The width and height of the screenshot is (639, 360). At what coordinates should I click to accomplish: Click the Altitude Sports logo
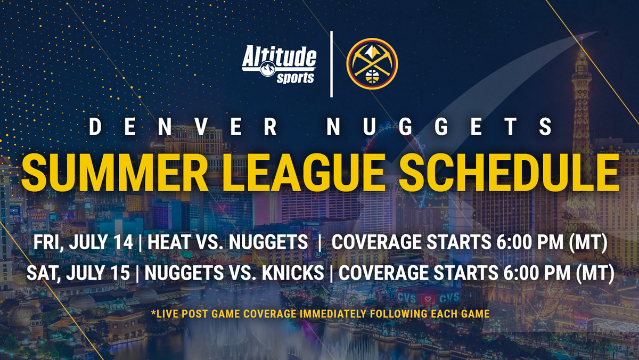(x=279, y=64)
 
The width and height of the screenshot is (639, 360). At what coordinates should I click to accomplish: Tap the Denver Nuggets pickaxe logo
(x=372, y=64)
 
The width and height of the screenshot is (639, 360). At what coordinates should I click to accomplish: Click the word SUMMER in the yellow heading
(x=114, y=173)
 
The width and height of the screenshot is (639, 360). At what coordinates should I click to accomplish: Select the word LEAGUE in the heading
(x=303, y=173)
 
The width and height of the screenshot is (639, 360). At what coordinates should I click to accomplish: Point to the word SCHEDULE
(x=509, y=173)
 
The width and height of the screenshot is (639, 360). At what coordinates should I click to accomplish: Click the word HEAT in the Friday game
(x=169, y=242)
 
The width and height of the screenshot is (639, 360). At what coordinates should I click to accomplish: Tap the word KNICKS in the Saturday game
(x=293, y=273)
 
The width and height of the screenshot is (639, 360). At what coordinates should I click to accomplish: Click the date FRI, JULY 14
(x=83, y=243)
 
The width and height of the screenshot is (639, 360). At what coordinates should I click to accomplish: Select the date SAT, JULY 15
(x=78, y=273)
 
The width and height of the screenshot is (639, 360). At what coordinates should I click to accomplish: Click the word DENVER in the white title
(x=183, y=127)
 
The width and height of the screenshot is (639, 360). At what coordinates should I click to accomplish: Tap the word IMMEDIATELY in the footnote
(x=333, y=314)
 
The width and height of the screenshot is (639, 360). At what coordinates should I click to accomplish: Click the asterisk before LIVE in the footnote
(x=154, y=313)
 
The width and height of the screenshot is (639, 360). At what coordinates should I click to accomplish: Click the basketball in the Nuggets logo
(x=372, y=77)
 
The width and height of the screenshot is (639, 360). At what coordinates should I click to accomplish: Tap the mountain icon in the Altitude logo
(x=268, y=69)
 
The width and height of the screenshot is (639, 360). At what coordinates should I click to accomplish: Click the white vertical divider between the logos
(x=331, y=64)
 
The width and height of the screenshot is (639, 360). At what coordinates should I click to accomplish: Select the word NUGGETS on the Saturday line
(x=184, y=273)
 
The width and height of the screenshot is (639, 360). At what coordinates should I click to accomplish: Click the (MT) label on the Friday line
(x=588, y=243)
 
